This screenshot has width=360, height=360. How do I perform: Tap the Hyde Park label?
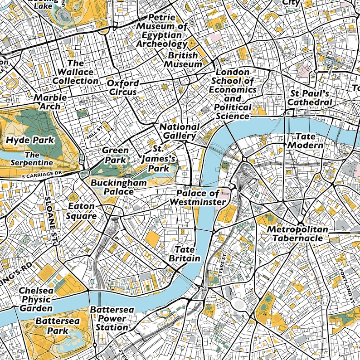tap(30, 140)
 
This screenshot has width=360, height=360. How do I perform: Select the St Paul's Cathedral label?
tap(311, 98)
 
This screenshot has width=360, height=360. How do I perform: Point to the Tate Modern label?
tap(306, 141)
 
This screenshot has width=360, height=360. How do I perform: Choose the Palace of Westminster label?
tap(198, 197)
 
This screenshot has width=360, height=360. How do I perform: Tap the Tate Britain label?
tap(185, 254)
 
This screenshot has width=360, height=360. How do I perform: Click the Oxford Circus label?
tap(122, 88)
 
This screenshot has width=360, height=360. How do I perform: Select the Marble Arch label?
tap(50, 102)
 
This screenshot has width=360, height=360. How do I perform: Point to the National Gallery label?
tap(179, 131)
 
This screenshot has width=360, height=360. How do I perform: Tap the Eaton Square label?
tap(82, 211)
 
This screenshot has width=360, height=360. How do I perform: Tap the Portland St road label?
tap(346, 286)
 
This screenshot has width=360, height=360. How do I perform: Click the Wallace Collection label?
tap(75, 72)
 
